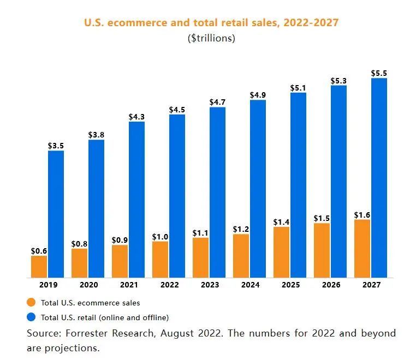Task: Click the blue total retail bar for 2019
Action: tap(56, 214)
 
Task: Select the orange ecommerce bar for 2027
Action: tap(362, 248)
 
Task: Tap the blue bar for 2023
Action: tap(217, 192)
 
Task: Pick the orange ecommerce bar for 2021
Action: tap(120, 261)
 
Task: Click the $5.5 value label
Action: tap(379, 73)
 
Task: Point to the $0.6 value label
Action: tap(39, 250)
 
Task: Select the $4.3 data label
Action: tap(136, 116)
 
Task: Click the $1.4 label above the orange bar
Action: tap(281, 221)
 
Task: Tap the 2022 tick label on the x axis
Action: tap(169, 285)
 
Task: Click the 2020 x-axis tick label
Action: tap(88, 285)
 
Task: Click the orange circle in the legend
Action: tap(31, 302)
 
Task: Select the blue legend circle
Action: tap(31, 316)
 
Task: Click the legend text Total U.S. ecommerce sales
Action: tap(91, 302)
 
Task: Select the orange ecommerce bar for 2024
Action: tap(241, 256)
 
